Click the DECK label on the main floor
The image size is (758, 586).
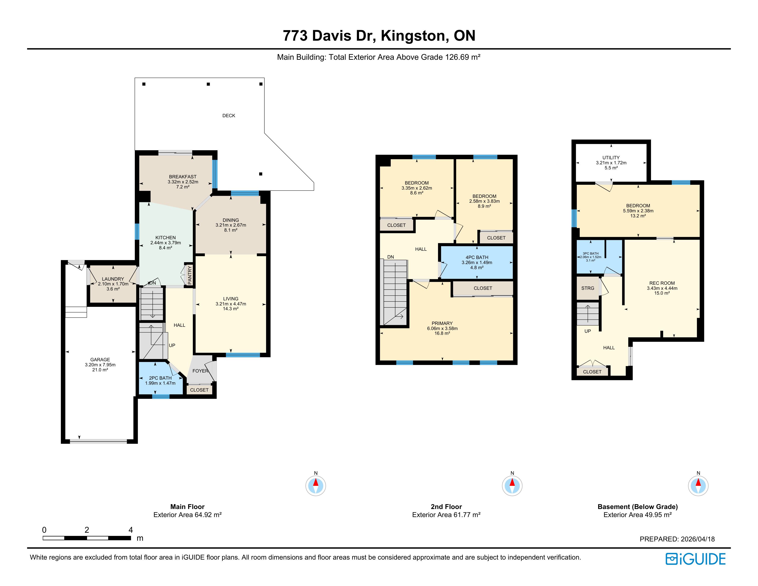pos(229,116)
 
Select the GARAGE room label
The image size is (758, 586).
pos(100,360)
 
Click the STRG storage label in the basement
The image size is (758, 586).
pos(588,288)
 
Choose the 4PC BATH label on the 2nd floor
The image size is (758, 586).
pos(477,257)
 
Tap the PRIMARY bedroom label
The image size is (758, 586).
pos(442,323)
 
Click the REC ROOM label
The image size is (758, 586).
pos(662,283)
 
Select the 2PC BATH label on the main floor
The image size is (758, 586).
pos(160,378)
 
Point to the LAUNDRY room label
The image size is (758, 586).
pos(113,279)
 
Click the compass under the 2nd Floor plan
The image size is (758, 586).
pos(512,485)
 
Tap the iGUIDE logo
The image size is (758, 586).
pos(695,559)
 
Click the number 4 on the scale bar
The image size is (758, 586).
pos(130,530)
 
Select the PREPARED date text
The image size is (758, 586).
pos(677,539)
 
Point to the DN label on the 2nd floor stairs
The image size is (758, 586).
pos(390,257)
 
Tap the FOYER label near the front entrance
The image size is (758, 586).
pos(200,371)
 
